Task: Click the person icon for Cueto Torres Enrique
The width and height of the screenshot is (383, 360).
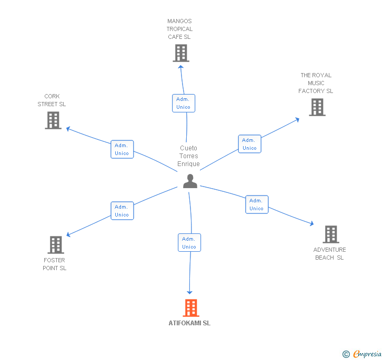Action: click(190, 181)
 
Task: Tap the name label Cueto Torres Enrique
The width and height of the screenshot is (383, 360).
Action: click(189, 156)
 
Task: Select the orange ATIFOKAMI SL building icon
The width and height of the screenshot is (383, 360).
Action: click(191, 308)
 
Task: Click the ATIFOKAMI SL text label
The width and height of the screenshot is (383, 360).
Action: click(189, 323)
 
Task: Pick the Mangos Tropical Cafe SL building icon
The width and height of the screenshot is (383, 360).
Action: click(180, 53)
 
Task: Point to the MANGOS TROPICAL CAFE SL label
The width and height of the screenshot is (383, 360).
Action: click(180, 29)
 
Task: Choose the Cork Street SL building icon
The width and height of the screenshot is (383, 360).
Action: click(53, 120)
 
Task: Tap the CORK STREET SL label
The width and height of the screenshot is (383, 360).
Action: click(52, 100)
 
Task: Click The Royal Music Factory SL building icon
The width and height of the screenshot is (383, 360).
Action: click(317, 107)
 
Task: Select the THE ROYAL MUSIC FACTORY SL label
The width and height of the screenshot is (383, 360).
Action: click(316, 83)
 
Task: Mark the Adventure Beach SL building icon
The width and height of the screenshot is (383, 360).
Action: click(330, 234)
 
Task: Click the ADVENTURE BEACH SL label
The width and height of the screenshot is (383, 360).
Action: click(330, 254)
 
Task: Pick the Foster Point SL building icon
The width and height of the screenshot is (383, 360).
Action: click(55, 245)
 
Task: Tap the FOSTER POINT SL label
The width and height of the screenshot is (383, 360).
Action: click(55, 264)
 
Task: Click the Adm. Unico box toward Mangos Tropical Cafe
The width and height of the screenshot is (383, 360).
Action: click(184, 103)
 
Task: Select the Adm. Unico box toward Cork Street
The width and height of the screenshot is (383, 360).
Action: click(122, 149)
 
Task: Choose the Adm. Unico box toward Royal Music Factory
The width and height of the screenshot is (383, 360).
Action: click(249, 144)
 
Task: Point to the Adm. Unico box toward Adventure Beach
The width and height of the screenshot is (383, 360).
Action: click(257, 204)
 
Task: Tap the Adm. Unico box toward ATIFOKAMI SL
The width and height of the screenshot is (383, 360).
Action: click(189, 243)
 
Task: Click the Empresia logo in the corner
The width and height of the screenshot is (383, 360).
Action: click(362, 354)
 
